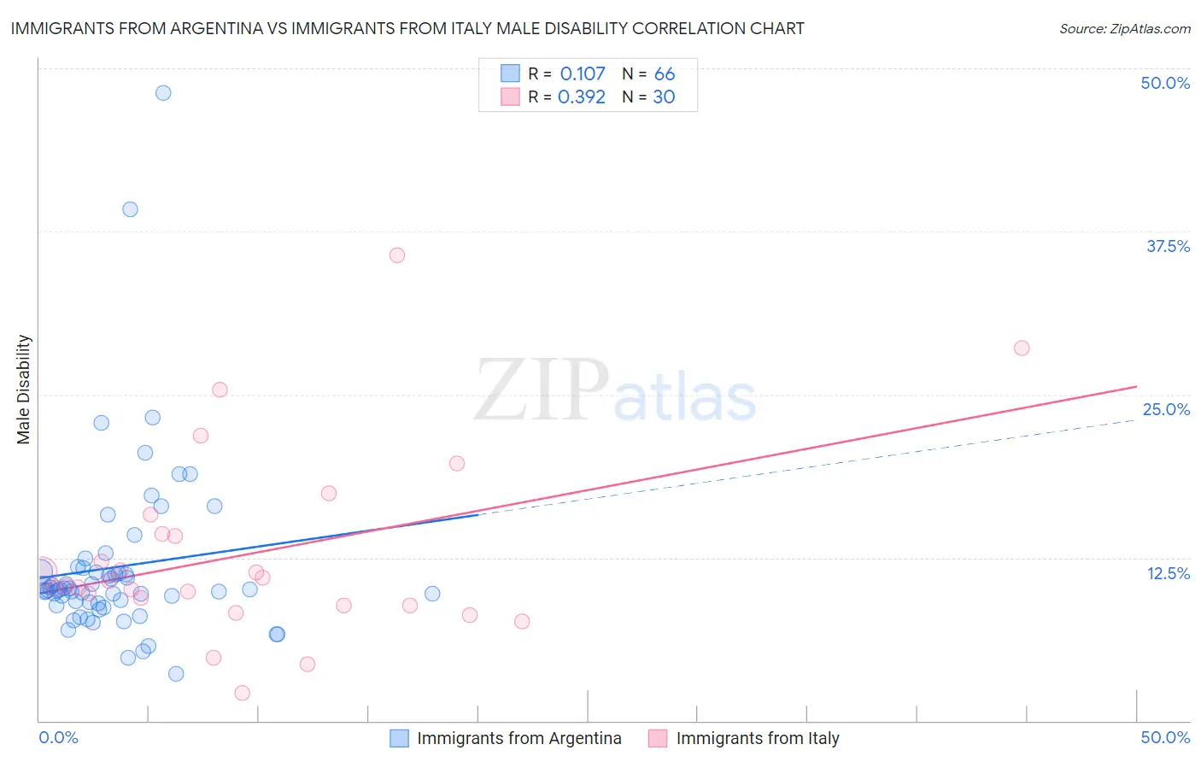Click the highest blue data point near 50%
163,93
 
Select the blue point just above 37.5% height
130,209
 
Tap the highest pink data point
396,255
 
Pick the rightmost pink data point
1022,349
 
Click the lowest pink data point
242,693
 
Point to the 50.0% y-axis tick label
1165,83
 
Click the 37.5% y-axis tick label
1168,246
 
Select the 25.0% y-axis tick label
1166,409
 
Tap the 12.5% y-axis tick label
1168,573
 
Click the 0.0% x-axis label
58,737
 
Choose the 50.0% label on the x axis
1165,737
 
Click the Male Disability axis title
24,390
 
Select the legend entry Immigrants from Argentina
518,738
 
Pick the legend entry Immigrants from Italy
757,738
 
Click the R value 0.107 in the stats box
583,74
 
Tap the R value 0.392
582,97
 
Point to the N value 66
665,74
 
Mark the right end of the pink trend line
1137,386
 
